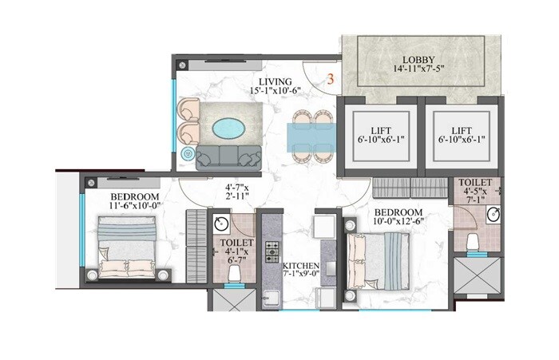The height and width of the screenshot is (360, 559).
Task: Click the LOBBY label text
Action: point(418,59)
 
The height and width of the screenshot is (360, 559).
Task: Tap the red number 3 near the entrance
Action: point(328,80)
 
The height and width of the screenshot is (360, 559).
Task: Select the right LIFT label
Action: point(463,128)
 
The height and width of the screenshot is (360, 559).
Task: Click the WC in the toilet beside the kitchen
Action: point(235,274)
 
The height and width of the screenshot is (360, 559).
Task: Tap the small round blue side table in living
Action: point(189,152)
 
